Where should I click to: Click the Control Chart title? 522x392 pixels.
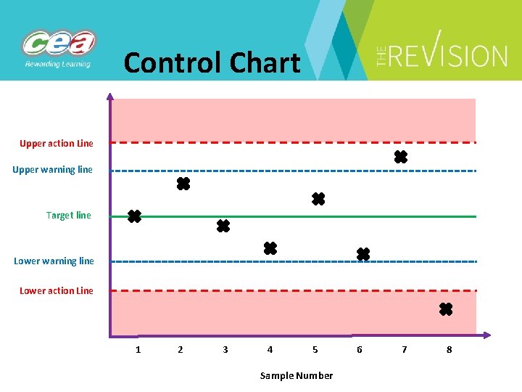click(212, 62)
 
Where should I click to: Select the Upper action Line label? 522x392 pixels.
click(57, 144)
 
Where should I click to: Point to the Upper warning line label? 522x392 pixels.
click(53, 170)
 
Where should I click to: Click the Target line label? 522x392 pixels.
click(69, 216)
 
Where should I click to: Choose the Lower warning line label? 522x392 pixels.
click(54, 261)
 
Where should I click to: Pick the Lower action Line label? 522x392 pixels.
click(57, 291)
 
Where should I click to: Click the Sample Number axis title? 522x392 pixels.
click(297, 375)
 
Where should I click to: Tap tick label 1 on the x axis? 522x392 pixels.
click(138, 350)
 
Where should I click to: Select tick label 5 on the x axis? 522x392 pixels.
click(315, 350)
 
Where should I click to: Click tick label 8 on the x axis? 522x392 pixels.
click(449, 350)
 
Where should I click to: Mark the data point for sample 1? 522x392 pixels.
click(134, 216)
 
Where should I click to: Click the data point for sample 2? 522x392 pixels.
click(183, 184)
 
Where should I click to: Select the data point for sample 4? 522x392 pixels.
click(270, 248)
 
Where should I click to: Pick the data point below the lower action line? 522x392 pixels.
click(446, 310)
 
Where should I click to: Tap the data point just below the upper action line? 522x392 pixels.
click(400, 157)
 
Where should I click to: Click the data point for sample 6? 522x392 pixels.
click(363, 254)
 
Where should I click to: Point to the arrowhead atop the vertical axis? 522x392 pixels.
click(109, 96)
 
